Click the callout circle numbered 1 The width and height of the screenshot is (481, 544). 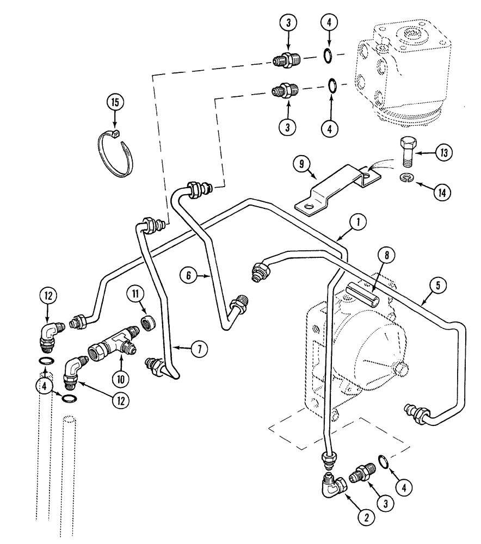coord(357,221)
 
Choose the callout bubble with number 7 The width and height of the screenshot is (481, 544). coord(199,349)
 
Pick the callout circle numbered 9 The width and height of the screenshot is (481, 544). coord(301,163)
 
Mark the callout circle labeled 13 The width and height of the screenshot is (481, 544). coord(444,153)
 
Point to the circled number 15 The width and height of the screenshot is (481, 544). coord(115,102)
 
